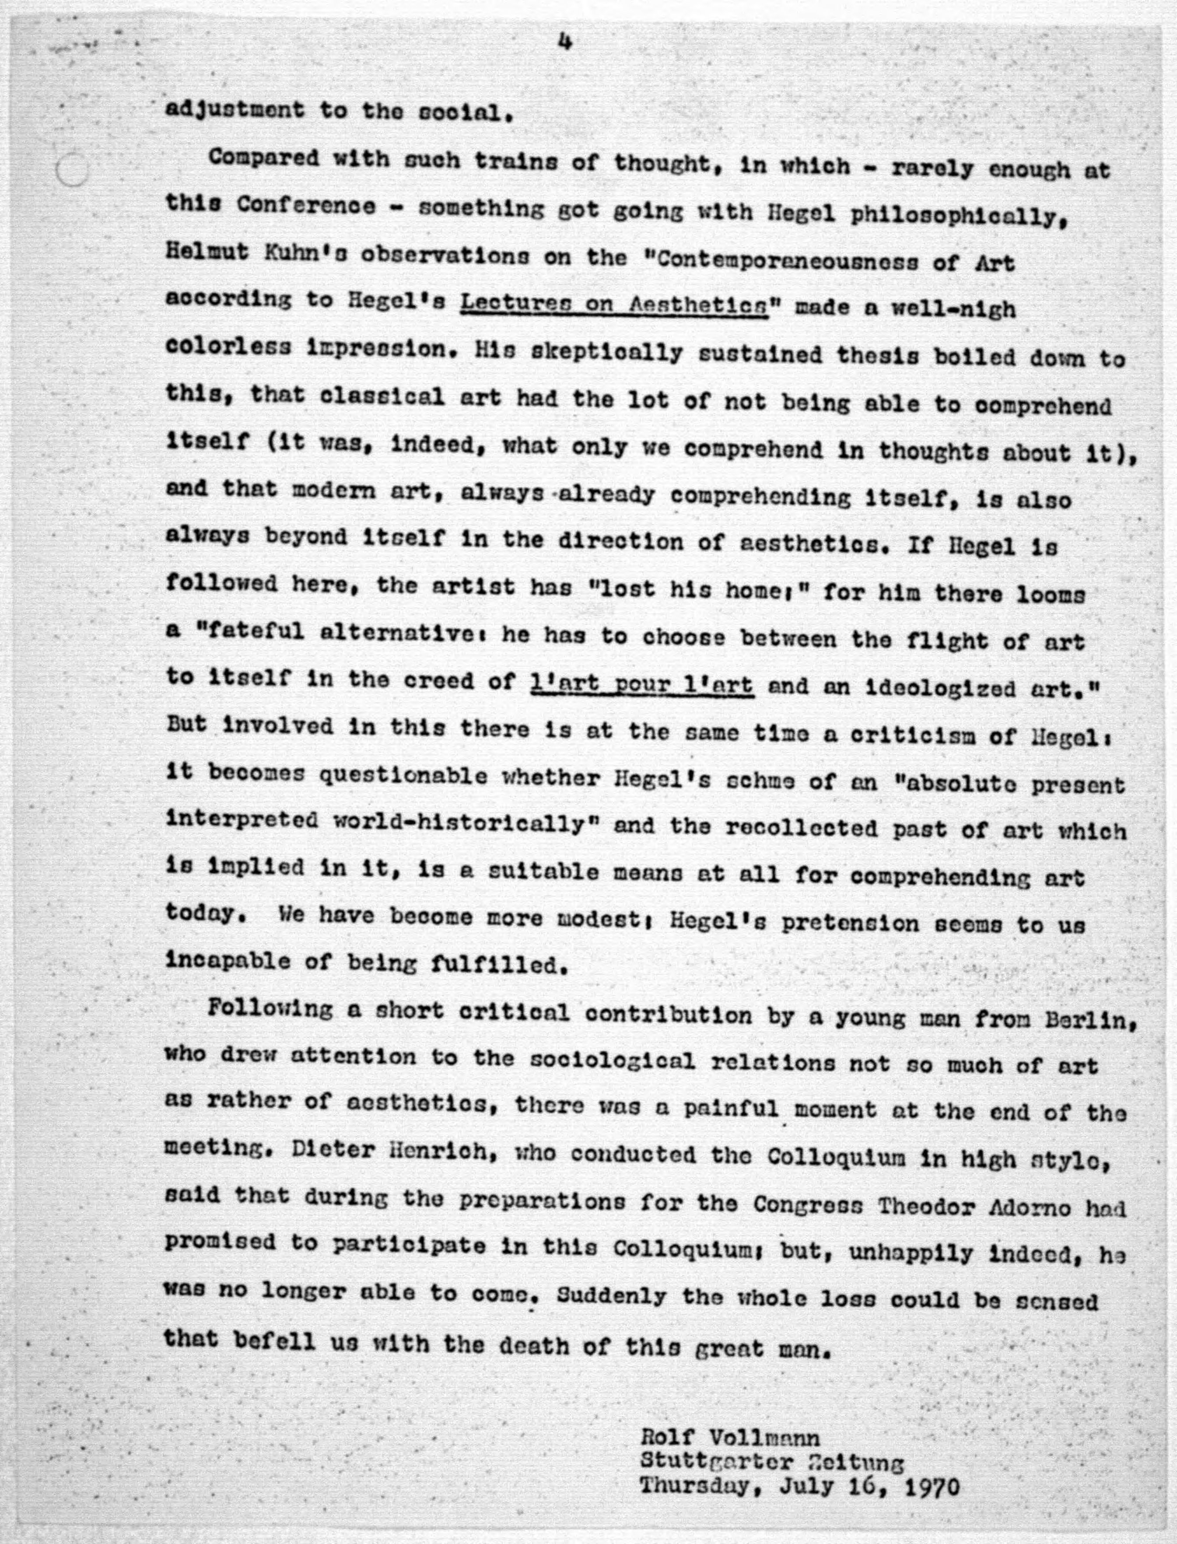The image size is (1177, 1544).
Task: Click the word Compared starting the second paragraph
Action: [x=263, y=158]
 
